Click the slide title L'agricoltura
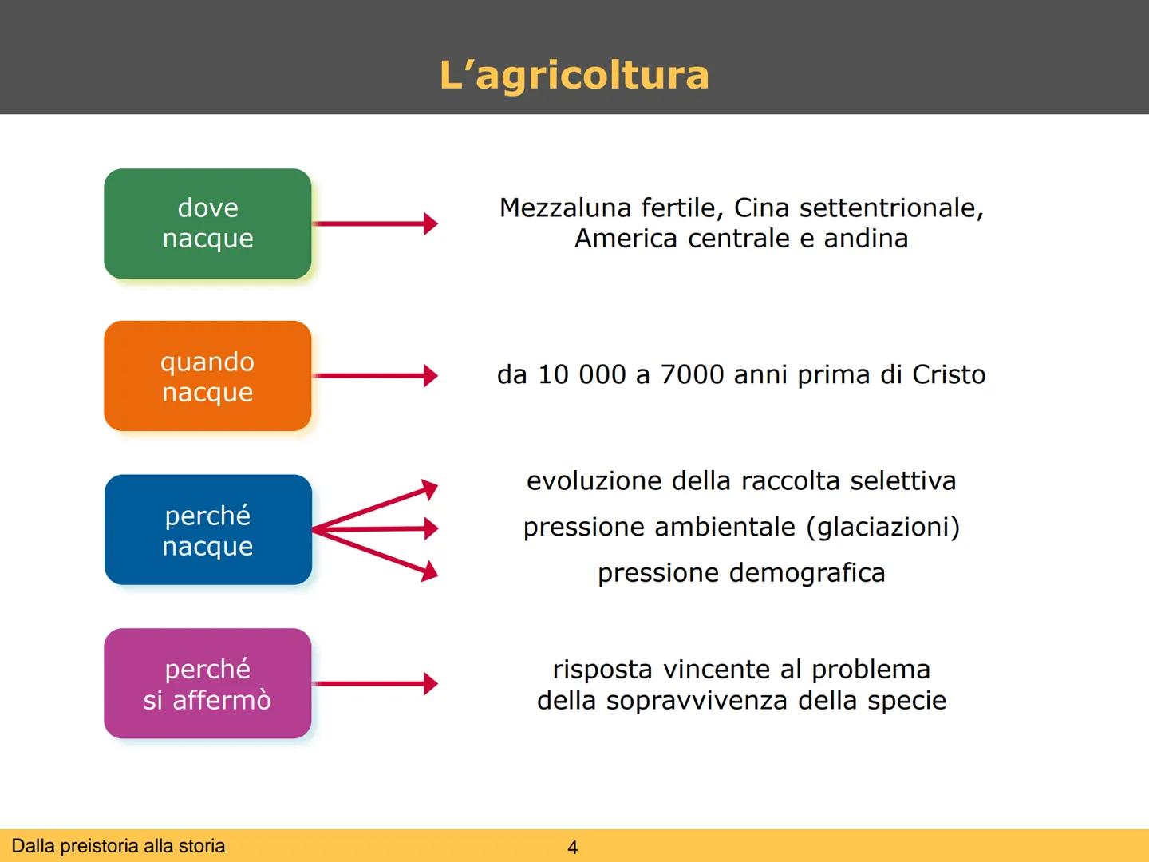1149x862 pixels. tap(574, 75)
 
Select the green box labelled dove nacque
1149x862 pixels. tap(207, 223)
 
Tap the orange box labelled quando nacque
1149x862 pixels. tap(207, 376)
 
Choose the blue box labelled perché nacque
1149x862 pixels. tap(207, 530)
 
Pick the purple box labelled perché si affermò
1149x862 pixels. tap(207, 684)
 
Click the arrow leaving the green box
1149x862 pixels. tap(375, 223)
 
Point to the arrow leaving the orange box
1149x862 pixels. tap(375, 375)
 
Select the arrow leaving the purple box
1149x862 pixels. tap(375, 683)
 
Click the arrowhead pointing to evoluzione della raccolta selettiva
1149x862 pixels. tap(430, 488)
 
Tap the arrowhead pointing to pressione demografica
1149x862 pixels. tap(430, 570)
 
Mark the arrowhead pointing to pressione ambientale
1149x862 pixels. tap(431, 528)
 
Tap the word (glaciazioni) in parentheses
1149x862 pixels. tap(883, 527)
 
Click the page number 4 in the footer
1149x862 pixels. tap(572, 848)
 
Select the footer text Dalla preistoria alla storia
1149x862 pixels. tap(118, 846)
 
